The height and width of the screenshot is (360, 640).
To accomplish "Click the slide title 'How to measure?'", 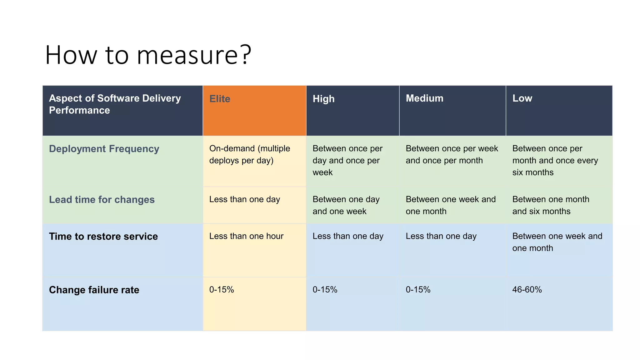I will [148, 55].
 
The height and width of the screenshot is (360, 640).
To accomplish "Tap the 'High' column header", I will [323, 99].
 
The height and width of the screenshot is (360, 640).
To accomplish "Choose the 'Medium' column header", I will [424, 98].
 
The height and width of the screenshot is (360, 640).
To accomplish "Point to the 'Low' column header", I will [522, 98].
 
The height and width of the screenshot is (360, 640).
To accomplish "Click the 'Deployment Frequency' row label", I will [104, 149].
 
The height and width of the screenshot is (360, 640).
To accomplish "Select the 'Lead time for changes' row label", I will [102, 200].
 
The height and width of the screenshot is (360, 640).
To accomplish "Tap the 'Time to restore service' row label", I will [103, 237].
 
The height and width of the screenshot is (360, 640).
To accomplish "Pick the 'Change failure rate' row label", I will [94, 290].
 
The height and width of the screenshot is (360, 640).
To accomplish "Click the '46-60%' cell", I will [527, 290].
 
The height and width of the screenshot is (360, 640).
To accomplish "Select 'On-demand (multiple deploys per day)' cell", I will [249, 154].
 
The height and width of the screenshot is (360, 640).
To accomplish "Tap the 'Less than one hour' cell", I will [246, 236].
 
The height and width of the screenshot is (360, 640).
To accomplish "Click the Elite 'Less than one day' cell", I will [244, 199].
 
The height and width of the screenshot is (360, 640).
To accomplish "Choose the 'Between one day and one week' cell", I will [346, 205].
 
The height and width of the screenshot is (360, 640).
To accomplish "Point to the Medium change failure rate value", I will [418, 290].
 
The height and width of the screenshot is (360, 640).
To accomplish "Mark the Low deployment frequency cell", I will [555, 160].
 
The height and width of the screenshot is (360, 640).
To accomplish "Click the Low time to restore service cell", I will [557, 242].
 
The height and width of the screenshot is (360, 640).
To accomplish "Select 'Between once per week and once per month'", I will [452, 154].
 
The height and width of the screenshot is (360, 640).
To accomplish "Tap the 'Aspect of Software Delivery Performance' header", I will [115, 104].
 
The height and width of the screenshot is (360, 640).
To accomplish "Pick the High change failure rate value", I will [325, 290].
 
